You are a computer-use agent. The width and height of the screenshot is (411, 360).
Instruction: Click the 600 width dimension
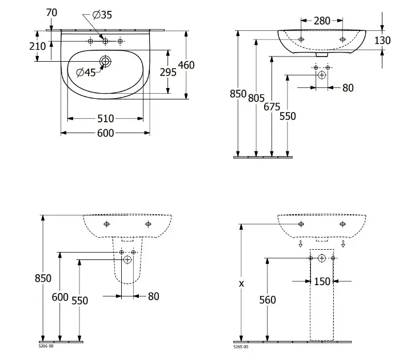[106, 133]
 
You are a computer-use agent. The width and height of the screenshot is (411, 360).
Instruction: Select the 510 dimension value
[106, 119]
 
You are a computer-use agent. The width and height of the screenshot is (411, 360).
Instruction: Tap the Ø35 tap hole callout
[103, 15]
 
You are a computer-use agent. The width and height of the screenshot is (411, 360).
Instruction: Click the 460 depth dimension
[186, 65]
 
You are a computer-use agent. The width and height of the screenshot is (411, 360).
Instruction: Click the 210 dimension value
[37, 46]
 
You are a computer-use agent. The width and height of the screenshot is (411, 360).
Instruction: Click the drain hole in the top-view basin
[106, 61]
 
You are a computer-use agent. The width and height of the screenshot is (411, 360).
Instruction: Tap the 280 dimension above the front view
[322, 21]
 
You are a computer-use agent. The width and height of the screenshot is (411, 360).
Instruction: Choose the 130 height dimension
[383, 40]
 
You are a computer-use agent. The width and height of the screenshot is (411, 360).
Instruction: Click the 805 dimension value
[257, 98]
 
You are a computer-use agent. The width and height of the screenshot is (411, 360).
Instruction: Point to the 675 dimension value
[272, 106]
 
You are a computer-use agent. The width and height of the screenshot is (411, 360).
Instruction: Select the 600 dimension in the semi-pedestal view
[60, 297]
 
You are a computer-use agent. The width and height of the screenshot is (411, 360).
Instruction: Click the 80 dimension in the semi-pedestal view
[153, 296]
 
